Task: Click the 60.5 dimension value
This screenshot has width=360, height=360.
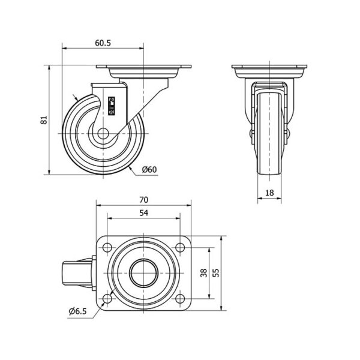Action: pyautogui.click(x=103, y=43)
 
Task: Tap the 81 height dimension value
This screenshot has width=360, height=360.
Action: pyautogui.click(x=44, y=120)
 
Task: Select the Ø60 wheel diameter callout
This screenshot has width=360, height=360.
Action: pyautogui.click(x=149, y=169)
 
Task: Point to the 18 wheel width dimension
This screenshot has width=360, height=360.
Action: pyautogui.click(x=269, y=193)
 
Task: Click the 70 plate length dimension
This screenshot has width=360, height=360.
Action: pyautogui.click(x=144, y=200)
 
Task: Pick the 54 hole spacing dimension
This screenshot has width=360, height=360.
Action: pyautogui.click(x=144, y=213)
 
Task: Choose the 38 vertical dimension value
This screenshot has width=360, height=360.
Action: pyautogui.click(x=203, y=273)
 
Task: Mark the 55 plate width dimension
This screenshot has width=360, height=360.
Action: pyautogui.click(x=216, y=273)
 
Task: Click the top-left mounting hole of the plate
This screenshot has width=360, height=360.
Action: pyautogui.click(x=107, y=247)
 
